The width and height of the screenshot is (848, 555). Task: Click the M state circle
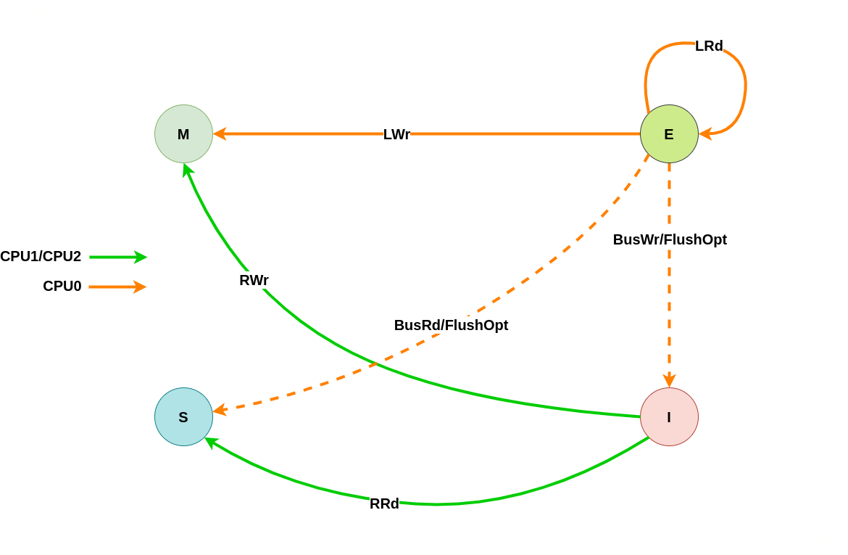point(183,134)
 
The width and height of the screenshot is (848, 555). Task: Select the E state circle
point(669,134)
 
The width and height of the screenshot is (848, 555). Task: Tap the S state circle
point(183,417)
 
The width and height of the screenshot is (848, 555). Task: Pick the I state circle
point(669,417)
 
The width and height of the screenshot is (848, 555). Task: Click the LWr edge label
point(396,134)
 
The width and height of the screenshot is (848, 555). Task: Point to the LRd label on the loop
point(709,46)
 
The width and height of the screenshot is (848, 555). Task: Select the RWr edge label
point(254,280)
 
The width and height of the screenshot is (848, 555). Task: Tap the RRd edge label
point(384,503)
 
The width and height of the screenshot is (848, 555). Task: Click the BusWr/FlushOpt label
point(670,239)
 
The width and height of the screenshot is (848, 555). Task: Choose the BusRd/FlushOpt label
point(451,325)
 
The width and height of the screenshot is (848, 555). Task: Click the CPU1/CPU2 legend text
point(41,256)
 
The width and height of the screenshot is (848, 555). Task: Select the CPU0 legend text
point(62,286)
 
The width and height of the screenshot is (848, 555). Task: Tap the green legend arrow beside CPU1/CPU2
point(117,257)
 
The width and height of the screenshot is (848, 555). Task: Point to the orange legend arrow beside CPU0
point(117,287)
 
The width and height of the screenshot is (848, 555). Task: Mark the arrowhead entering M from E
point(220,134)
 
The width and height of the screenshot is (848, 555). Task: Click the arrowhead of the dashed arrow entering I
point(669,381)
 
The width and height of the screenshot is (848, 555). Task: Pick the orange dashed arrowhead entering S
point(220,411)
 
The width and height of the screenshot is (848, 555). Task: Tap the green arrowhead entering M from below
point(187,170)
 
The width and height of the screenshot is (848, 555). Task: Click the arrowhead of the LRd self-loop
point(705,133)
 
